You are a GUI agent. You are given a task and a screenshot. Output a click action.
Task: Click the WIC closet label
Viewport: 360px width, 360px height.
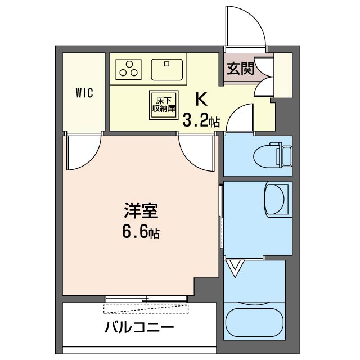pos(85,93)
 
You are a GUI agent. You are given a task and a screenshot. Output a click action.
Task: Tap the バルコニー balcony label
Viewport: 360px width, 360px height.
pos(139,327)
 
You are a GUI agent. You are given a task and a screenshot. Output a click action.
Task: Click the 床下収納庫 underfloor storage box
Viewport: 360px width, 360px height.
pos(164,105)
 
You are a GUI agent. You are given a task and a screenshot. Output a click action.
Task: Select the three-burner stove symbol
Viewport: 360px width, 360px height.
pos(129,69)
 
